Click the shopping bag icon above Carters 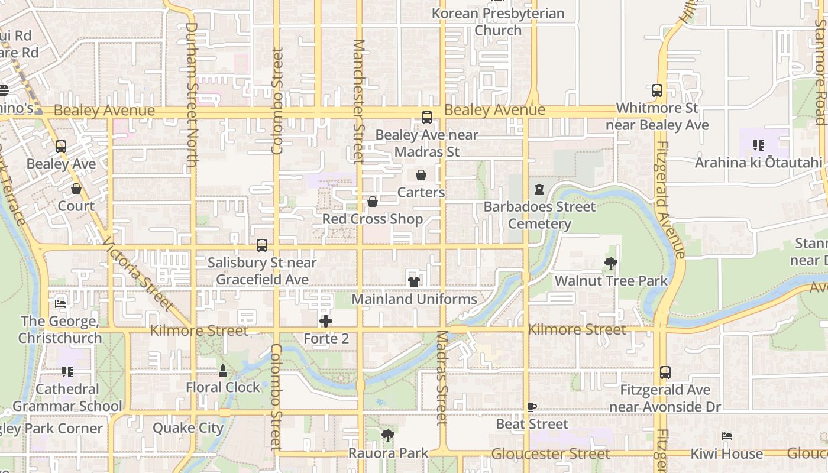click(421, 175)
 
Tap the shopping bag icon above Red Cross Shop click(373, 202)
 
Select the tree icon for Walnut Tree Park click(610, 264)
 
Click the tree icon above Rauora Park click(387, 436)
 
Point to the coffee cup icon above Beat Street click(532, 407)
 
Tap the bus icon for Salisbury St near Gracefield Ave click(262, 245)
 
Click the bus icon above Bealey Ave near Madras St click(427, 118)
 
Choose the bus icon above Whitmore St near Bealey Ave click(657, 90)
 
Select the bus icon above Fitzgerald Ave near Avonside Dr click(665, 372)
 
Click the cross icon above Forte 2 click(326, 321)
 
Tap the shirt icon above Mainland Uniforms click(414, 281)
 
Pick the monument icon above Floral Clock click(223, 371)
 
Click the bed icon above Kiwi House click(727, 436)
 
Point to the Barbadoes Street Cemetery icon click(539, 190)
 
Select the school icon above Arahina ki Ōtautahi click(759, 145)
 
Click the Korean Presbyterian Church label click(499, 21)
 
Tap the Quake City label click(188, 428)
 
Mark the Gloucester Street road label click(551, 454)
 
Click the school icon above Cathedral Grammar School click(67, 372)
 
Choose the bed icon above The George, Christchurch click(60, 304)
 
